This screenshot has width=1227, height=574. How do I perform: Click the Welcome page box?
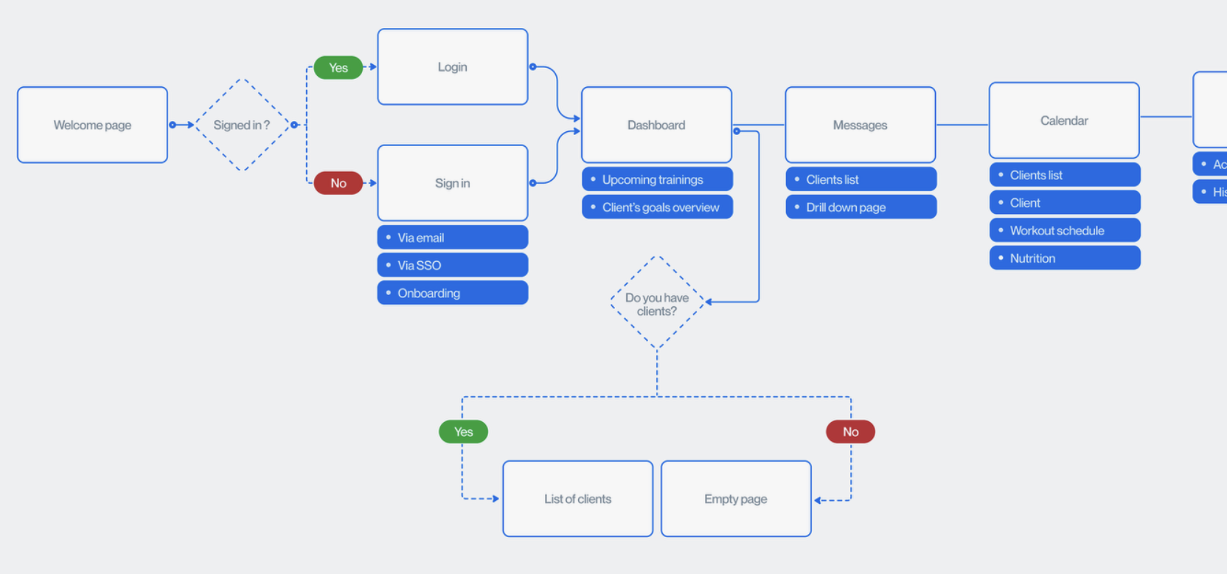point(92,125)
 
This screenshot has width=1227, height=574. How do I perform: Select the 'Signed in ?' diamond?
point(242,125)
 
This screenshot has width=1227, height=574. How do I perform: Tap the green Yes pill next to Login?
point(338,67)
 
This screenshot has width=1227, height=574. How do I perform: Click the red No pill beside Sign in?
point(338,183)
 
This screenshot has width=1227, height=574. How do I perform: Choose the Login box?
point(452,67)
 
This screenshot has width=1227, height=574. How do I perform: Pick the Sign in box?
point(452,183)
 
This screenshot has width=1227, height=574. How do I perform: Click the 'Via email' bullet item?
point(452,238)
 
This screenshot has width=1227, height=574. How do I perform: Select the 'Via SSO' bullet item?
point(452,265)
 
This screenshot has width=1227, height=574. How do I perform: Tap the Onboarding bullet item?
point(452,293)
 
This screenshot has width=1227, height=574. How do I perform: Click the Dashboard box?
point(656,125)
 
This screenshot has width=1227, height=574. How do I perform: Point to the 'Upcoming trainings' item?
point(656,179)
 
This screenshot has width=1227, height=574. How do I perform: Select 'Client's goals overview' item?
point(656,207)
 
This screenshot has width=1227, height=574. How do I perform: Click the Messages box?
point(860,125)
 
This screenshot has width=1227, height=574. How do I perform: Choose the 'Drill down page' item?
point(860,207)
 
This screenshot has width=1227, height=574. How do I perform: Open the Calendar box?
point(1064,120)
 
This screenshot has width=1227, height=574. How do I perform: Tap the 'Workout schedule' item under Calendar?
point(1064,230)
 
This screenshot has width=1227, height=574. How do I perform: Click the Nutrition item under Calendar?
point(1064,258)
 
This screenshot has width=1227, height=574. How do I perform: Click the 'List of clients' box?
point(577,499)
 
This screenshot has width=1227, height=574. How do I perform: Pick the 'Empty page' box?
point(735,499)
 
